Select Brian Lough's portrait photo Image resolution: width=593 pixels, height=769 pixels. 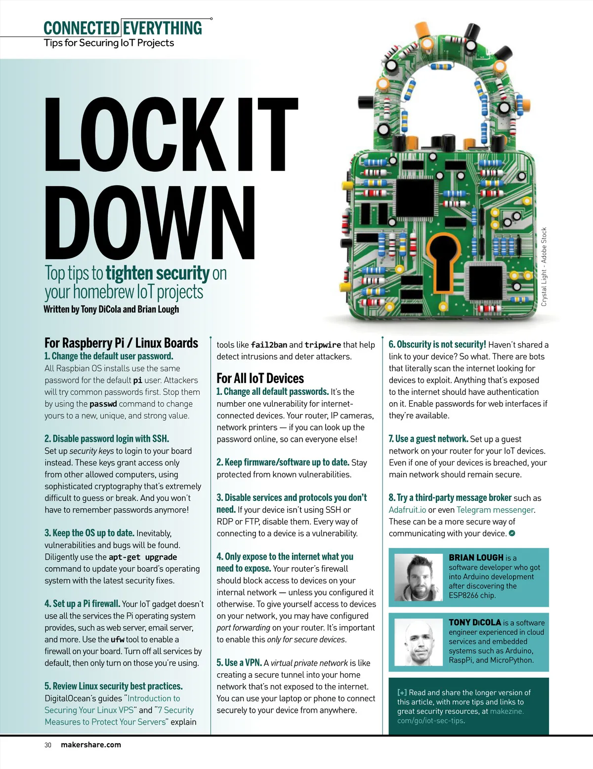(419, 577)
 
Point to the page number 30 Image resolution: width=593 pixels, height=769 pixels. (48, 745)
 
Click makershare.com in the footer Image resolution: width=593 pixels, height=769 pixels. (90, 745)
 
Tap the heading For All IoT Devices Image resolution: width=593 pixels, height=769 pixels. (260, 379)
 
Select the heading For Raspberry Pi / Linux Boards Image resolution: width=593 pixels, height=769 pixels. (121, 343)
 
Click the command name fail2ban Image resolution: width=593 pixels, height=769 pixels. (269, 345)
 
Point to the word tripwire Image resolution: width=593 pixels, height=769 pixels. (323, 345)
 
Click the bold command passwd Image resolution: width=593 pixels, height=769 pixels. (103, 404)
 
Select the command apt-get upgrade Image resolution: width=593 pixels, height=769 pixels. (143, 557)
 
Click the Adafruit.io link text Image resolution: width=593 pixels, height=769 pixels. (407, 510)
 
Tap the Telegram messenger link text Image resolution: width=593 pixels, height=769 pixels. (495, 510)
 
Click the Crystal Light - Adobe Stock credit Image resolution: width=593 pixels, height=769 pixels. (544, 267)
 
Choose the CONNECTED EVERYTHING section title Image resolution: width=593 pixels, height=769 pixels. (123, 28)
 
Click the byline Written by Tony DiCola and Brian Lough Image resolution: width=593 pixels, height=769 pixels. (111, 309)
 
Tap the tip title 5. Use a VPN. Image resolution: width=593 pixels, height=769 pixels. (239, 663)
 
